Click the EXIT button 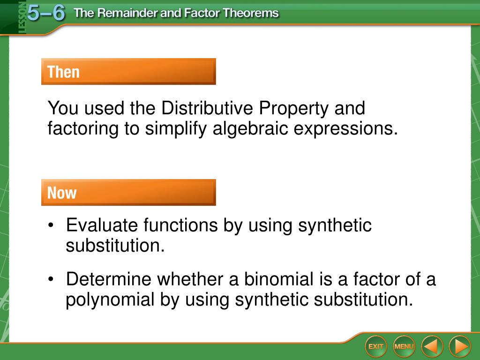(375, 346)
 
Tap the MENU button (404, 346)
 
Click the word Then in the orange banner (63, 72)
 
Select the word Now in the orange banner (62, 193)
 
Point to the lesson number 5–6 (46, 13)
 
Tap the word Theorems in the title (251, 13)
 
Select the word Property (293, 109)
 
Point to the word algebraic (250, 128)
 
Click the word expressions (346, 129)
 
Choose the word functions (180, 225)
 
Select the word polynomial (110, 300)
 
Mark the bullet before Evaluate (51, 225)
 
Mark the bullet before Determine (51, 279)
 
